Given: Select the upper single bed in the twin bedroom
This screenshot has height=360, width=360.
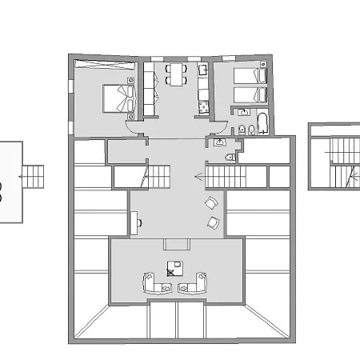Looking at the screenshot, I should click(x=249, y=77).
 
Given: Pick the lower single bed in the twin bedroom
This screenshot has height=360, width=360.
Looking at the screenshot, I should click(x=249, y=94).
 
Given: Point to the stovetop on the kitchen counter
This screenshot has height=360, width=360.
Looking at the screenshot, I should click(x=202, y=102).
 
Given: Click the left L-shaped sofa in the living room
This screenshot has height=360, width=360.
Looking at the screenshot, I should click(x=150, y=282).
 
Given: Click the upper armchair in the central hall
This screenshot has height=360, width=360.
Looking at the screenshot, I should click(x=212, y=203).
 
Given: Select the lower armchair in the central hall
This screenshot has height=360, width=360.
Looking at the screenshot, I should click(x=213, y=222).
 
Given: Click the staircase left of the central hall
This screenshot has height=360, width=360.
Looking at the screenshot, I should click(x=160, y=175).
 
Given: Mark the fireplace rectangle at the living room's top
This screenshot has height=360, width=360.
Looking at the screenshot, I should click(x=174, y=245).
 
